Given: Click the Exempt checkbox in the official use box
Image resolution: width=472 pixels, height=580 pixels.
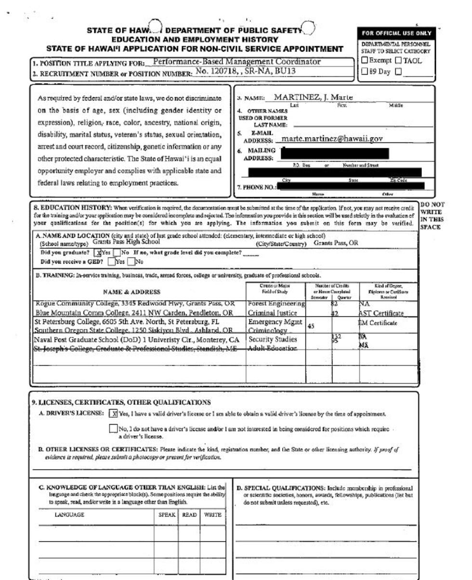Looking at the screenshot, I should (x=365, y=61).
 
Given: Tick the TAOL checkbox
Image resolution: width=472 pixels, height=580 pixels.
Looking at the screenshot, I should (x=398, y=61).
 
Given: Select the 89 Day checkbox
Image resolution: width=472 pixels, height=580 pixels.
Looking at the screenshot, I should (x=365, y=72).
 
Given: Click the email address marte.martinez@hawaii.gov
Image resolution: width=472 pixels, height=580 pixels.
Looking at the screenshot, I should (x=332, y=139).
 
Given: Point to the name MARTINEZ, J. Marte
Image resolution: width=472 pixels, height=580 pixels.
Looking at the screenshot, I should (x=313, y=98).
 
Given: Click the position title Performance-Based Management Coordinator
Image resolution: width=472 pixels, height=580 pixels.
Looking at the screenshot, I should (x=236, y=62).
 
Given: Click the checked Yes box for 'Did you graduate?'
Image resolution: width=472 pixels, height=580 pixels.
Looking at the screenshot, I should (x=98, y=253).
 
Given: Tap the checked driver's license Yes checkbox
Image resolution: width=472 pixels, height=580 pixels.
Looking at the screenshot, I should (x=114, y=413).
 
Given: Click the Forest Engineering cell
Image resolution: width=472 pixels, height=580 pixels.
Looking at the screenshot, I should (x=276, y=304).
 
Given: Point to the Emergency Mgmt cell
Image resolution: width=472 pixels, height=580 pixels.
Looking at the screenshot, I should (x=275, y=322).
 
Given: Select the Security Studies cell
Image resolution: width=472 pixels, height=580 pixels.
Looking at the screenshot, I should (x=273, y=339).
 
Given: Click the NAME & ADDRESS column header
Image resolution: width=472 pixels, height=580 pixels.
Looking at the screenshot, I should (x=131, y=292).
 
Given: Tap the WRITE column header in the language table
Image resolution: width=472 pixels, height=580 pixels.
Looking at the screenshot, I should (x=212, y=515).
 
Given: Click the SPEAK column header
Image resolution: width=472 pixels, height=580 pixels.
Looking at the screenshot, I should (x=167, y=515).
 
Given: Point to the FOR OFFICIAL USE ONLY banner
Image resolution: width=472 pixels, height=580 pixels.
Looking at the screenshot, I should (x=396, y=33).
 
